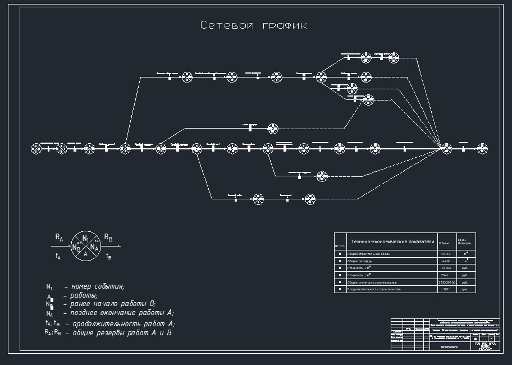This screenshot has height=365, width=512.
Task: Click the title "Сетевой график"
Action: (x=254, y=26)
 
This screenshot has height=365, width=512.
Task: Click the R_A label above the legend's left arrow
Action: (x=59, y=238)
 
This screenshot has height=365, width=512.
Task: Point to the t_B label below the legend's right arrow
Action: (x=109, y=256)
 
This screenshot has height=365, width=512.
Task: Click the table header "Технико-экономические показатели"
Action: (x=392, y=241)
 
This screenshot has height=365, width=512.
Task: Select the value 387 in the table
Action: (x=446, y=289)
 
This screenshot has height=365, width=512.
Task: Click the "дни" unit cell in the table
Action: (x=465, y=289)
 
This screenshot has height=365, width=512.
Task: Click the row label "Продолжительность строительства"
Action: (x=374, y=289)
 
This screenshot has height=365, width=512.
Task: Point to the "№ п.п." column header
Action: (x=339, y=246)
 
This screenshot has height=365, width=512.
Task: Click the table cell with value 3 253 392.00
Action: (x=446, y=282)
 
